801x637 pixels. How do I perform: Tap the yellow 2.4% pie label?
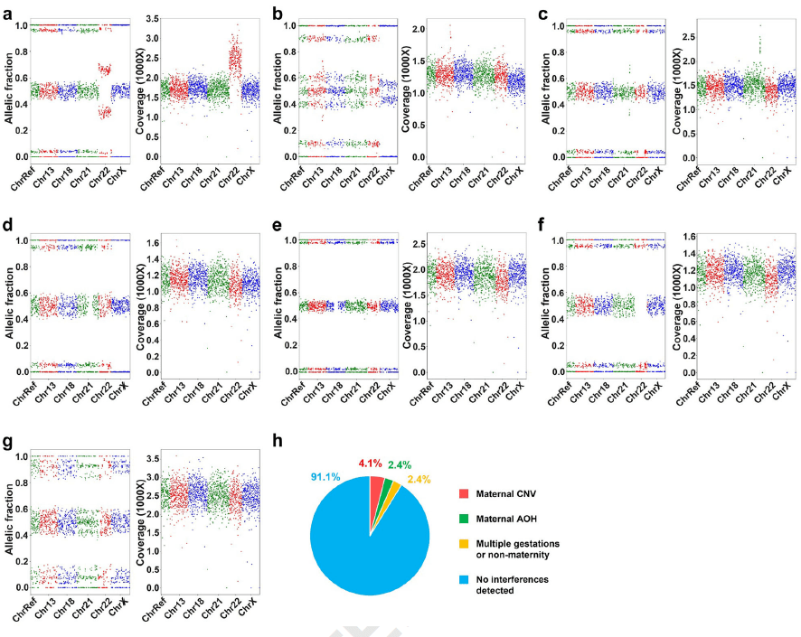419,479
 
